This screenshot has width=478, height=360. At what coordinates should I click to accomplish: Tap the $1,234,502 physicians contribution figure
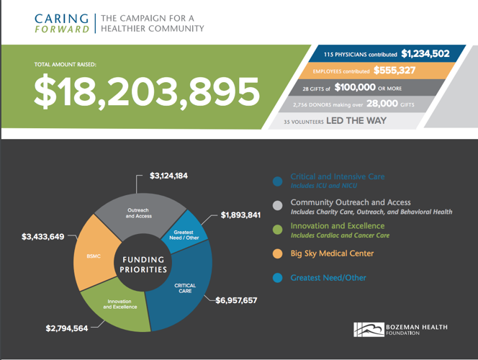click(425, 53)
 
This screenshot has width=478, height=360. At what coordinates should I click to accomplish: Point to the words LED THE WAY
click(356, 121)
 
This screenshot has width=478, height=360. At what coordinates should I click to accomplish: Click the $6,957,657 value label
click(236, 300)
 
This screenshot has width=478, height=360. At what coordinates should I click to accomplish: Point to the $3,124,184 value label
click(169, 176)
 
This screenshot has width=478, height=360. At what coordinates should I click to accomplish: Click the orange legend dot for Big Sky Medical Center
click(277, 253)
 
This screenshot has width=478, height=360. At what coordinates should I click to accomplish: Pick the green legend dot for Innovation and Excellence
click(277, 229)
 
